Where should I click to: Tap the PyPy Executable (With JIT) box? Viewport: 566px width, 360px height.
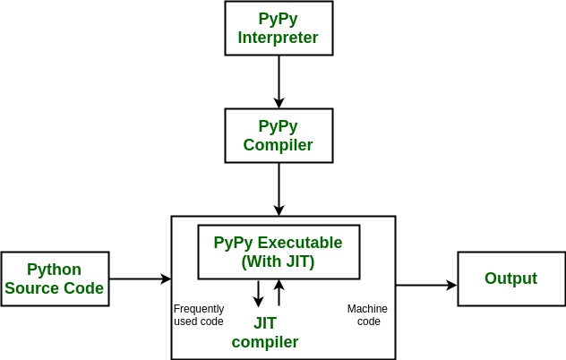(x=278, y=251)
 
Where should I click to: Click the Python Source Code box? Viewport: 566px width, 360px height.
(x=55, y=279)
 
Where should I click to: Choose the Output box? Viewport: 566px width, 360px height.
(x=510, y=279)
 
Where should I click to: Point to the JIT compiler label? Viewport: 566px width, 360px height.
(x=264, y=333)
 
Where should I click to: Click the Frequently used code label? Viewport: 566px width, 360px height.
(x=199, y=315)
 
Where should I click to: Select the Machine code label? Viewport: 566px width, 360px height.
(x=367, y=315)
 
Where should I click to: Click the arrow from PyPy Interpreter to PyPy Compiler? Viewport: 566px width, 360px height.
(x=279, y=81)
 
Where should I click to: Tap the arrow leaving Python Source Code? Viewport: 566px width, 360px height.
(x=139, y=279)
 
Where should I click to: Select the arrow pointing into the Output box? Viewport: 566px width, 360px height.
(x=426, y=286)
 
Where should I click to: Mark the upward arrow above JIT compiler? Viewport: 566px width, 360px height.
(x=279, y=294)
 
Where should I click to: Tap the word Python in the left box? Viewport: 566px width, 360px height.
(x=55, y=270)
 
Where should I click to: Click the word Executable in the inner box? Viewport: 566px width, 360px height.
(x=299, y=243)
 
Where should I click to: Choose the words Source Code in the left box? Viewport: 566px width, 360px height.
(x=55, y=288)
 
